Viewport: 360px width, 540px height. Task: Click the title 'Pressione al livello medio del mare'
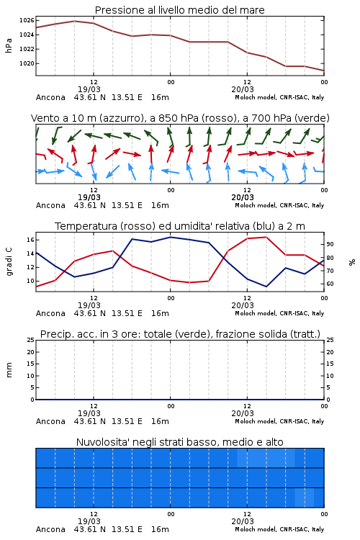tap(179, 10)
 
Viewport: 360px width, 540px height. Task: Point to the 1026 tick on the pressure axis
tap(27, 21)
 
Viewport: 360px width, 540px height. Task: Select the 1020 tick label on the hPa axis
tap(27, 63)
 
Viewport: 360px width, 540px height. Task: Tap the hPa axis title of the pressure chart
tap(9, 45)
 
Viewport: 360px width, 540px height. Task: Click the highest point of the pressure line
tap(74, 21)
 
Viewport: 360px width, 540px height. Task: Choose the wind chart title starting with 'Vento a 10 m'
tap(180, 118)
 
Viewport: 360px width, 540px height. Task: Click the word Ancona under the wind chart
tap(50, 205)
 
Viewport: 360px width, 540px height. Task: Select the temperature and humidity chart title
tap(180, 226)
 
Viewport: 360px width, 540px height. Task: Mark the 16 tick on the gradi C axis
tap(30, 240)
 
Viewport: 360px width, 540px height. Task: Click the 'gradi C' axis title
tap(9, 262)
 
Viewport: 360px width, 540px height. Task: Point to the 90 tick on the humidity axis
tap(330, 244)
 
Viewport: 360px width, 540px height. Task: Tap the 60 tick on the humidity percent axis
tap(330, 284)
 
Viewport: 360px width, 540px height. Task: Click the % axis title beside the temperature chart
tap(352, 262)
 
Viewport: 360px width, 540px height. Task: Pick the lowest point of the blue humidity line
tap(266, 287)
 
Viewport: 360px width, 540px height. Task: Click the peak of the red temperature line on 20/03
tap(266, 237)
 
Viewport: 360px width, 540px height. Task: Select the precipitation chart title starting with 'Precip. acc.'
tap(180, 334)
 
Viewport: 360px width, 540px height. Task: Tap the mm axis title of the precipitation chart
tap(9, 370)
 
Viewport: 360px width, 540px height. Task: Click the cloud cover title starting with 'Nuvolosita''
tap(179, 442)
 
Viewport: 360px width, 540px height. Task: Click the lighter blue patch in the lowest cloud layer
tap(304, 498)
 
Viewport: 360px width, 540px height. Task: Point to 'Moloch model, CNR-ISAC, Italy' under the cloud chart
tap(279, 529)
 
